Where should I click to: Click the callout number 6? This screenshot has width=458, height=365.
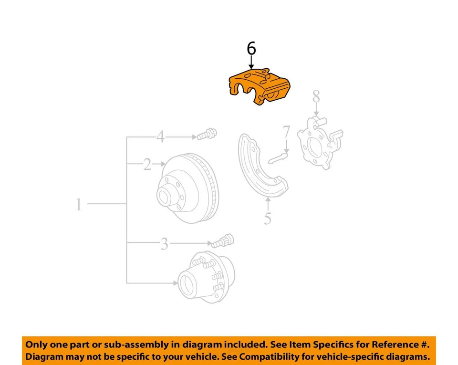tap(251, 49)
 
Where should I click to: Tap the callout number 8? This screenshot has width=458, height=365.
tap(316, 97)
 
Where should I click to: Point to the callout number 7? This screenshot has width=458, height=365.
tap(286, 132)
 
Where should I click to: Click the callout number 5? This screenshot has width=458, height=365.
tap(268, 219)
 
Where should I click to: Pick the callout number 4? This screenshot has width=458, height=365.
tap(160, 137)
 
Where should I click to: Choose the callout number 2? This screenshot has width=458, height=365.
tap(147, 165)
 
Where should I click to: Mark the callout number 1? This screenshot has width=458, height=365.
tap(79, 205)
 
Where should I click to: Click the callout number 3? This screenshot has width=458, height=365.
tap(164, 245)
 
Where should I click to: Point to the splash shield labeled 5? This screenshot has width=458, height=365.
tap(261, 167)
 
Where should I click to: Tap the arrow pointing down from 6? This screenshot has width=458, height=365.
tap(251, 64)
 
